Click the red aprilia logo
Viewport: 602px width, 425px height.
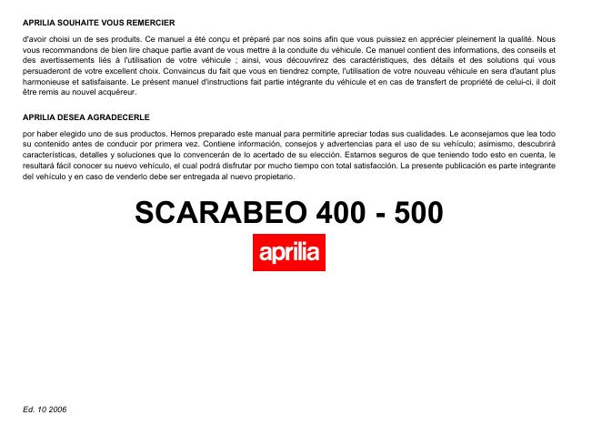pyautogui.click(x=288, y=252)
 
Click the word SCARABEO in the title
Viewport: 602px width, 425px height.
pyautogui.click(x=217, y=213)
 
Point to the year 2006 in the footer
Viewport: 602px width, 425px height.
pyautogui.click(x=57, y=410)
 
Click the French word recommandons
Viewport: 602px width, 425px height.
pyautogui.click(x=66, y=50)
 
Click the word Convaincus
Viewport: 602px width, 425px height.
pyautogui.click(x=176, y=70)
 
